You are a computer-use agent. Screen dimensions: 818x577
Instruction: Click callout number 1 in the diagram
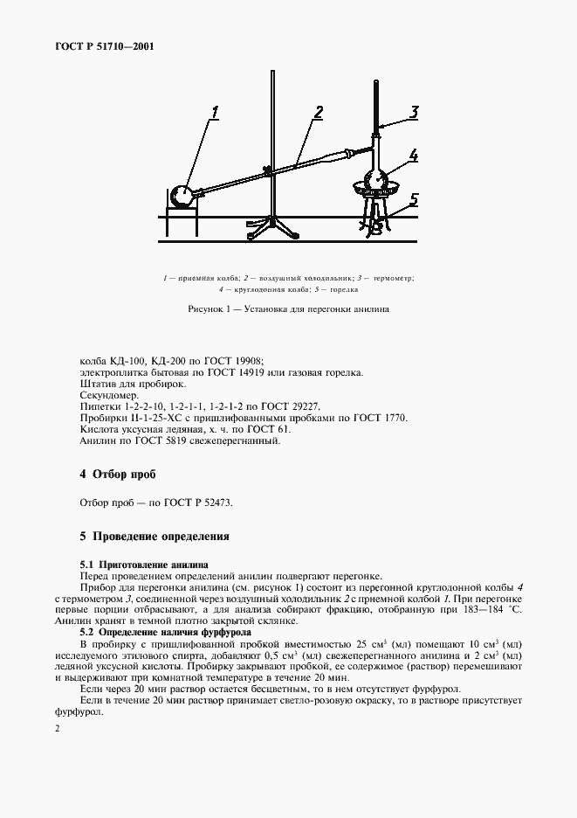[216, 112]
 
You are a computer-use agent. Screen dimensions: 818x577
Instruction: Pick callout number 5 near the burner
[415, 199]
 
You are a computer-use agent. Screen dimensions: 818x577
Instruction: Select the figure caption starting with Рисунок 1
[287, 309]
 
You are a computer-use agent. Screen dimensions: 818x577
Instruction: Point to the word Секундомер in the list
[107, 395]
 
